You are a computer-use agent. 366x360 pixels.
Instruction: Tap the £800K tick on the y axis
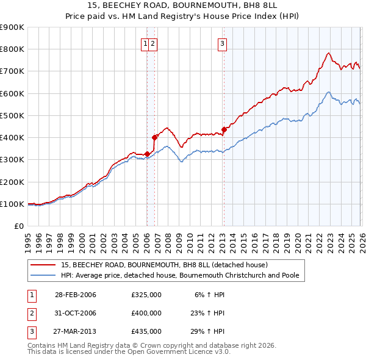(12, 49)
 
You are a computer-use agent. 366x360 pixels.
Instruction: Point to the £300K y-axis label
(12, 160)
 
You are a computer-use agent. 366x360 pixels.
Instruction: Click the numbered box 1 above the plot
(146, 43)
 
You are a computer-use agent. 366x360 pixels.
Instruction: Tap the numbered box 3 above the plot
(223, 43)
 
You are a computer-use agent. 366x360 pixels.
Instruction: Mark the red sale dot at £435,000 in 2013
(224, 129)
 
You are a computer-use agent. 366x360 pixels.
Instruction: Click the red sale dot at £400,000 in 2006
(154, 137)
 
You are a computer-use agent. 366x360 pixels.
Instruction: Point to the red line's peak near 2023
(328, 53)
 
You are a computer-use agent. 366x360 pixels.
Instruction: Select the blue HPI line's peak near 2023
(328, 92)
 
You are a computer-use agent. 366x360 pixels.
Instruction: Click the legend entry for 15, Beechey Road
(164, 265)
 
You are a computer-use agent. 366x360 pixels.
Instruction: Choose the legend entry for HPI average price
(179, 276)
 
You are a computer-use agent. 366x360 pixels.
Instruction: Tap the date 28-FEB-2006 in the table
(76, 295)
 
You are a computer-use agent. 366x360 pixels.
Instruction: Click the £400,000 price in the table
(146, 313)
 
